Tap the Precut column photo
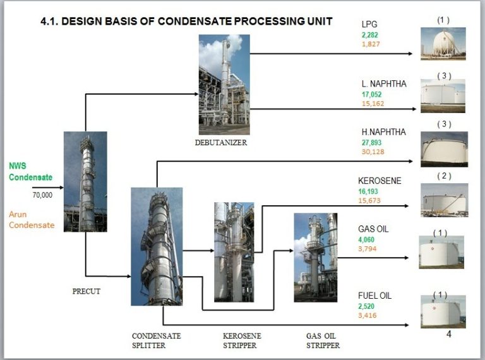[x=85, y=181]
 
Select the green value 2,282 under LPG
[x=370, y=35]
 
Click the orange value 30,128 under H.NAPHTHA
[x=373, y=152]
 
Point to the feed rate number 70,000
[x=42, y=195]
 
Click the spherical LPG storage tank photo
[x=443, y=44]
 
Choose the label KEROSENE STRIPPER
[x=242, y=340]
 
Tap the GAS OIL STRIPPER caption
[x=323, y=340]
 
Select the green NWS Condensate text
[x=30, y=172]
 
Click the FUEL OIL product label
[x=375, y=296]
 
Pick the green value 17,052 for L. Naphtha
[x=373, y=94]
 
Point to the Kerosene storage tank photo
[x=445, y=200]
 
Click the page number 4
[x=449, y=334]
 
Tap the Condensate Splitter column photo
[x=157, y=246]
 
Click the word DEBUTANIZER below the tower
[x=220, y=143]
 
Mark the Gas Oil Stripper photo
[x=315, y=257]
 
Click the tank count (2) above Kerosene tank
[x=444, y=176]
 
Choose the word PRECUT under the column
[x=87, y=291]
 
